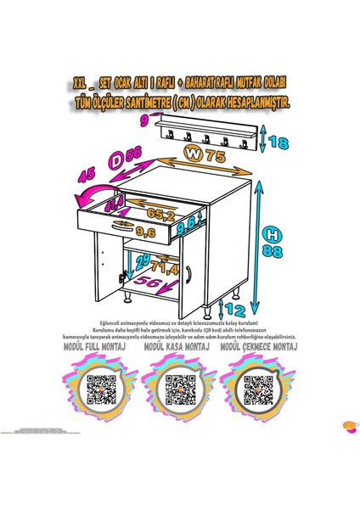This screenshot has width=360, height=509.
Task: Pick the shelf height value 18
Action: click(x=277, y=142)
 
